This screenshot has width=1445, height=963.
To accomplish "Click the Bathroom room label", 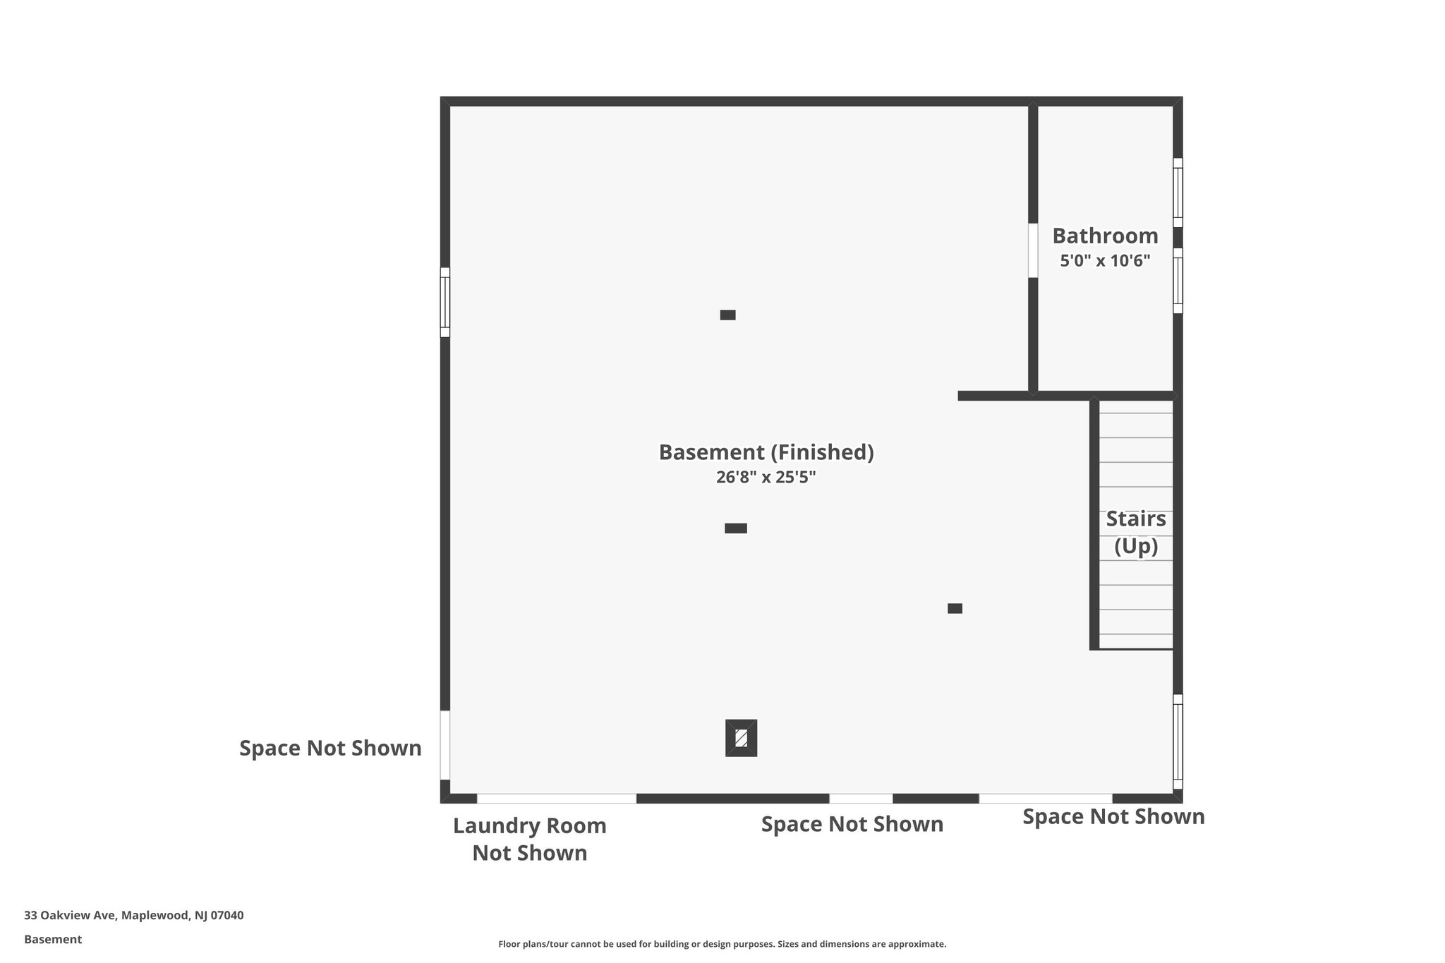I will pos(1105,236).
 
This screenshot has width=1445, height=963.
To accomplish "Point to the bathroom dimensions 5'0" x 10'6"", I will pos(1105,261).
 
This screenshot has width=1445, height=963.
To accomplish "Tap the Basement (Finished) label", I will pos(766,452).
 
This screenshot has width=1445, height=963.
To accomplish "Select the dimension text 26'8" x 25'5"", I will pos(766,478).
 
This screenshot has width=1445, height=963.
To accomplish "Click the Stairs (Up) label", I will pos(1135,532).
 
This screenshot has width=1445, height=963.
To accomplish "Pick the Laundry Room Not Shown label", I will pos(529,839).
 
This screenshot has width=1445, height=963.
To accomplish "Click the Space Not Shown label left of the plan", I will pos(330,748).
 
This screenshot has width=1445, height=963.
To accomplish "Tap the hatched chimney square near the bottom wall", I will pos(741,738).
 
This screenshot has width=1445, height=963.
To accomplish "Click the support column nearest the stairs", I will pos(955,608).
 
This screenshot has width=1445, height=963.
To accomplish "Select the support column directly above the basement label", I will pos(727,315).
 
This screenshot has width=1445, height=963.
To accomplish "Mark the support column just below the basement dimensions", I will pos(735,528).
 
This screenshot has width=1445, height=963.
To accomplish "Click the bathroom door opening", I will pos(1033,250).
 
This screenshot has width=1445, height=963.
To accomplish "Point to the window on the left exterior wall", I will pos(445,302).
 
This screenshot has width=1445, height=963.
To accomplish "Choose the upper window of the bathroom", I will pos(1178,193).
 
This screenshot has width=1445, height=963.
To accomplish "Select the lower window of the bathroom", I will pos(1178,280).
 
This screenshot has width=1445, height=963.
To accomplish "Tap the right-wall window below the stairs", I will pos(1178,741).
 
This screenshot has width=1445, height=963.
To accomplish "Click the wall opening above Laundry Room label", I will pos(557,799).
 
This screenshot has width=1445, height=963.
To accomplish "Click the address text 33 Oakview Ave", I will pos(134,915).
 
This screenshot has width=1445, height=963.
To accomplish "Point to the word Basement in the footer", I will pos(53,939).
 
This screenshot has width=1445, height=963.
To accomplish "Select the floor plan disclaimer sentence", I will pos(722,944).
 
